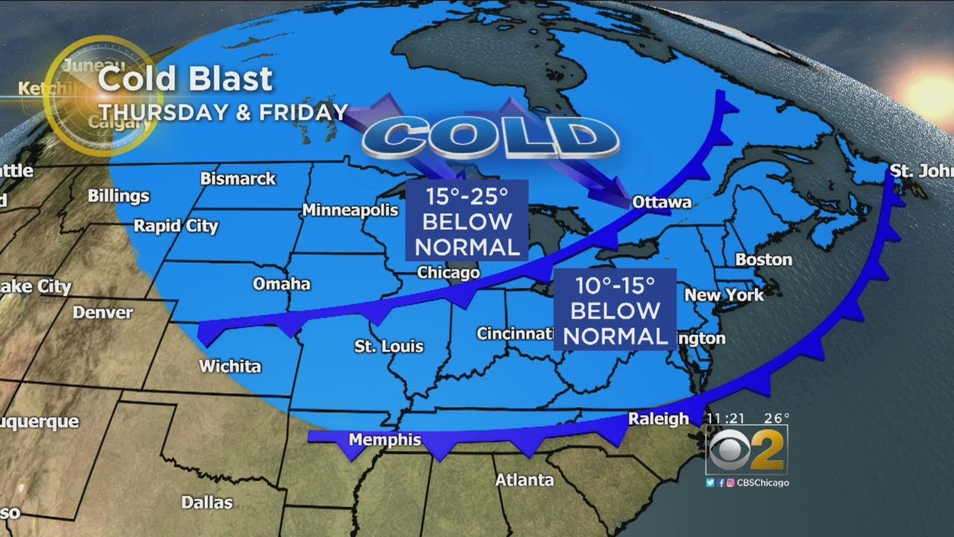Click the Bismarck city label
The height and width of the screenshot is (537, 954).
pos(238,179)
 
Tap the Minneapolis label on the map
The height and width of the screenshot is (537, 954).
pos(350,210)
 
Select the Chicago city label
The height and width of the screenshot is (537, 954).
pos(448,273)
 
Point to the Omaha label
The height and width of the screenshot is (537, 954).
pos(282,284)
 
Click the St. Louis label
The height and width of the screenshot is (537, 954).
pos(388,346)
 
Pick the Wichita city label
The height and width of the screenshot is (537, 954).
pos(230,366)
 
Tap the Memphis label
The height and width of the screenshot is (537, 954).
pos(385,440)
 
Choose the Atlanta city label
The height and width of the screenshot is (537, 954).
pos(525,480)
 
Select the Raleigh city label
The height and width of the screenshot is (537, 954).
pos(658,419)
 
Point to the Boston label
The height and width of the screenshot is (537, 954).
pos(763,260)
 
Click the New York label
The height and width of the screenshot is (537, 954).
pos(724,295)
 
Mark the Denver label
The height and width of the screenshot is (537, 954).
pos(102,313)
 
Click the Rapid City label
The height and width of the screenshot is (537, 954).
pos(176,226)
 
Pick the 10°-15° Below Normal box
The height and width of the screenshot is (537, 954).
pos(615,310)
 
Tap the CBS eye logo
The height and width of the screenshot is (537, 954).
pos(728,450)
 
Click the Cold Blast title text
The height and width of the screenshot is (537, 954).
pos(186,80)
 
